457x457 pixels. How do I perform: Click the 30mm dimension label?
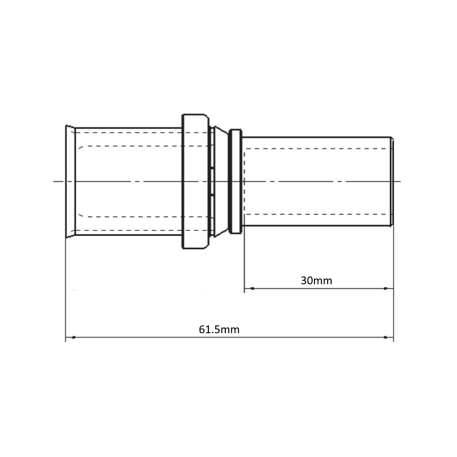[x=316, y=281]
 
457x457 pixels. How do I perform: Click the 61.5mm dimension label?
[x=219, y=329]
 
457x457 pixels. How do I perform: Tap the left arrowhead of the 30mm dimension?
[x=252, y=288]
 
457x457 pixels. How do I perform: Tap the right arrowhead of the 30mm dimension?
[x=385, y=288]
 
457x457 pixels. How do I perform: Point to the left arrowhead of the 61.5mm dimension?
[x=74, y=337]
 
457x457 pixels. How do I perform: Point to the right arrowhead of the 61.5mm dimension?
[x=385, y=337]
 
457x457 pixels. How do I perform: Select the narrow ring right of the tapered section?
[x=235, y=181]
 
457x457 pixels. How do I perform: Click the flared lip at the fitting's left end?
[x=70, y=181]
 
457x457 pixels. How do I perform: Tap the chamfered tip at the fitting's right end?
[x=392, y=181]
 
